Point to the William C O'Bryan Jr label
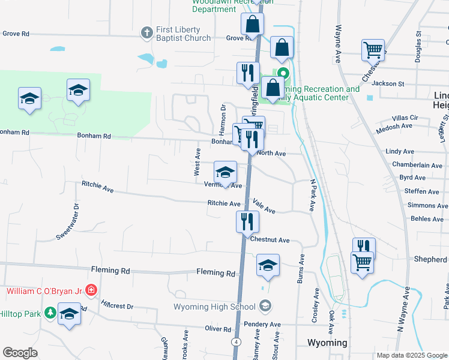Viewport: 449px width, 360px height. (x=44, y=291)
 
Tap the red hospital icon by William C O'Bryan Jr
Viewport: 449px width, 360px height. (x=91, y=291)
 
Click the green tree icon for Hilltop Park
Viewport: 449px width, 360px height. (x=50, y=313)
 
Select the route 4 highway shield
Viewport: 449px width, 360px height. (x=237, y=342)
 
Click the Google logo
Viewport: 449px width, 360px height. (x=20, y=353)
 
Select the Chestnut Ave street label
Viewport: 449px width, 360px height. (x=270, y=240)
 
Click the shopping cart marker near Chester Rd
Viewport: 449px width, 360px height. (x=373, y=50)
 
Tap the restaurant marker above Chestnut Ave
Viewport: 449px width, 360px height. (x=247, y=221)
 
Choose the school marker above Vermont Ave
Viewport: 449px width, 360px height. (x=225, y=172)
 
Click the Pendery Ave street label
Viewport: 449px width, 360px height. (x=263, y=325)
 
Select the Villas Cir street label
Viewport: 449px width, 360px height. (x=405, y=118)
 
